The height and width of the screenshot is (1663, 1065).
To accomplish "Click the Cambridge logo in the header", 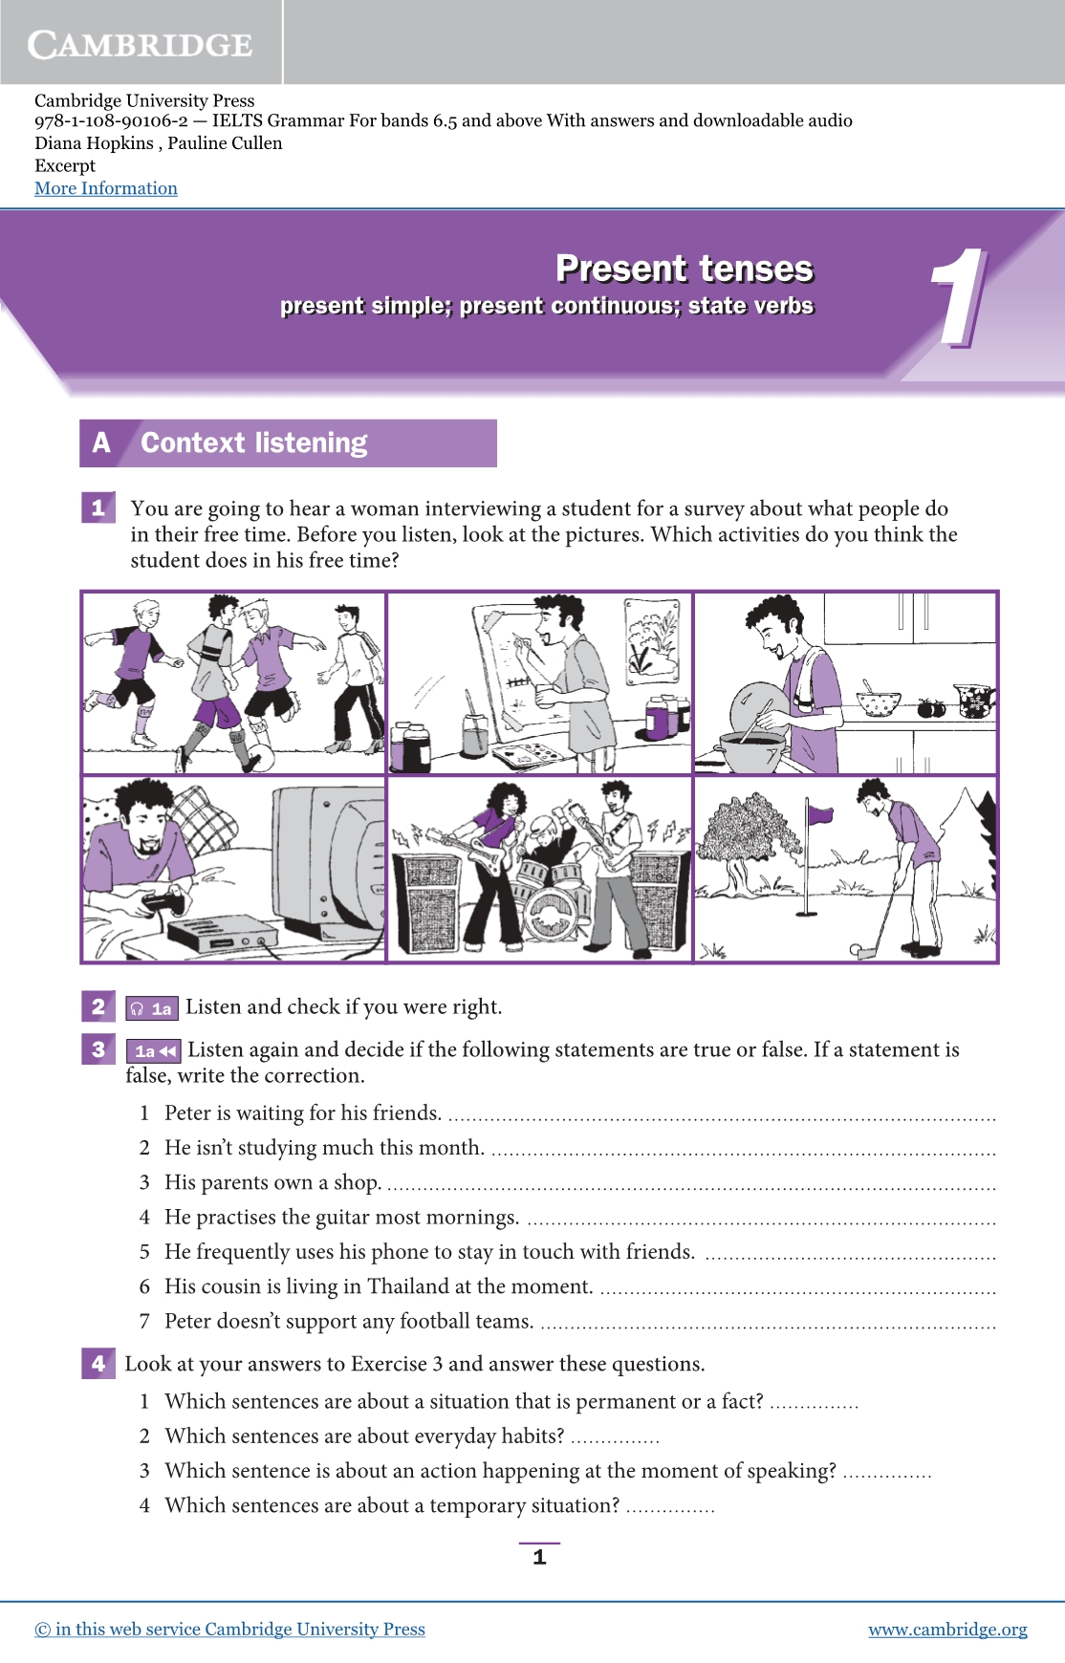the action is tap(141, 44).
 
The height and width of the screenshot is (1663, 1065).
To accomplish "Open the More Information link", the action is tap(106, 188).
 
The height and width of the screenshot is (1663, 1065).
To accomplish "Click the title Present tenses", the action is tap(685, 269).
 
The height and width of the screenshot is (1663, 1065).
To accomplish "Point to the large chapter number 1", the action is tap(959, 297).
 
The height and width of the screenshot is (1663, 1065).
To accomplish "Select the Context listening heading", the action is tap(254, 443).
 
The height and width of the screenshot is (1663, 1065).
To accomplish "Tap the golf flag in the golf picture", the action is tap(819, 814).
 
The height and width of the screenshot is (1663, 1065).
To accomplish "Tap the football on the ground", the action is tap(259, 757).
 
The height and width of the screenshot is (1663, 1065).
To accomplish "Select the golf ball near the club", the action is tap(856, 950).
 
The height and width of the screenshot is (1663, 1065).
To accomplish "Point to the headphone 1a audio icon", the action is tap(152, 1007).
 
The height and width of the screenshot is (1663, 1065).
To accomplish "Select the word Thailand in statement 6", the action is tap(408, 1286).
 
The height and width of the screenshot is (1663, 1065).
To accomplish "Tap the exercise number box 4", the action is tap(98, 1363).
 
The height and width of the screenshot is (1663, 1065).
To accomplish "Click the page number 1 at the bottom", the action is tap(539, 1557).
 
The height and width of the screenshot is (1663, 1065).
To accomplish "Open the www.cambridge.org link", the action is tap(947, 1630).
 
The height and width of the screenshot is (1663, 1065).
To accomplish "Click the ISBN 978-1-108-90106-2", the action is tap(111, 120).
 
